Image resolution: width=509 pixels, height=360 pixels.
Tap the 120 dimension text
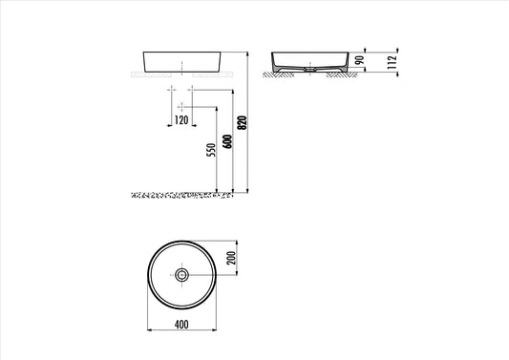point(181,120)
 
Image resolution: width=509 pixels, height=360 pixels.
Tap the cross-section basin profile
point(308,58)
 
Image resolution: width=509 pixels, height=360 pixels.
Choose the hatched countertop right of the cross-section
point(341,74)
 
